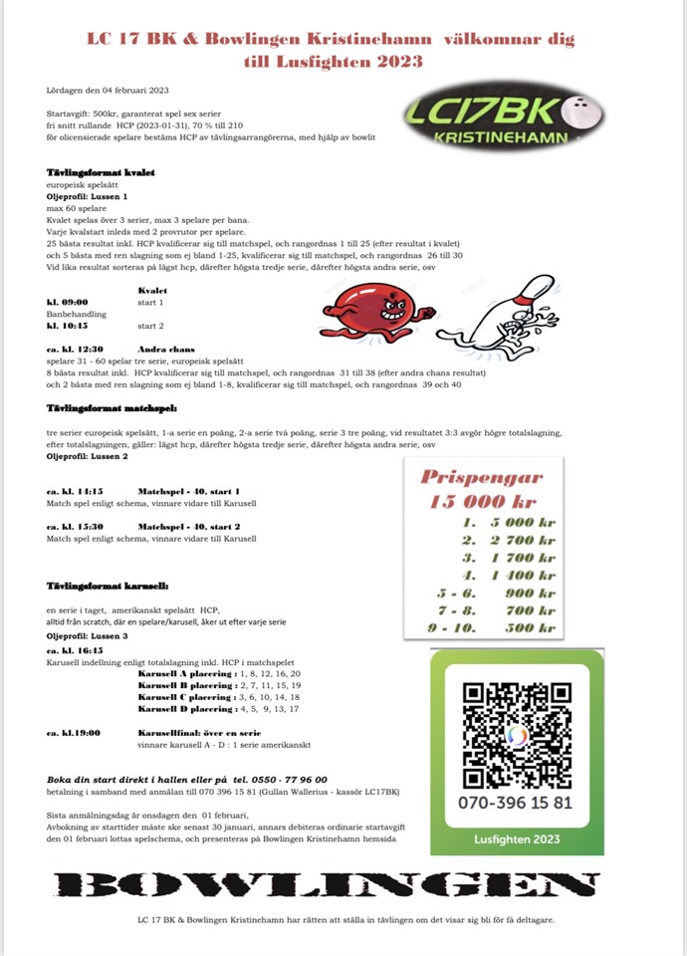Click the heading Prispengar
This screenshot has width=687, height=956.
(x=482, y=477)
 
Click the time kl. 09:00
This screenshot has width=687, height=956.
(x=68, y=301)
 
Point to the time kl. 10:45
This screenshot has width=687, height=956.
(x=68, y=325)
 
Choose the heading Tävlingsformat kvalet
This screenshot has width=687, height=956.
(x=101, y=172)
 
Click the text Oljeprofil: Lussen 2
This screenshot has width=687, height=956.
(x=88, y=456)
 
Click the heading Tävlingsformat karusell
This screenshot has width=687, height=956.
(x=108, y=587)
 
